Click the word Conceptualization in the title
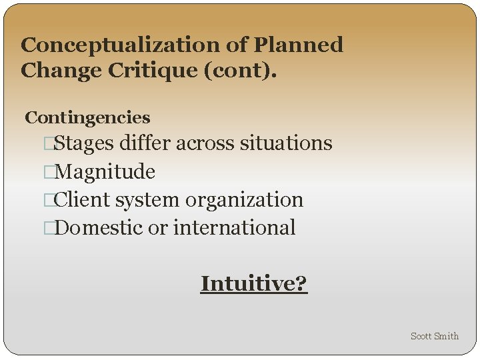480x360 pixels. coord(121,45)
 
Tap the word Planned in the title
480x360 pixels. coord(299,45)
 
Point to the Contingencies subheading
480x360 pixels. coord(87,118)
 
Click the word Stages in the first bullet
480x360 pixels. coord(85,143)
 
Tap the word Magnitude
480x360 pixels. coord(106,172)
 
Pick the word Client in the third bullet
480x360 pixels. coord(83,200)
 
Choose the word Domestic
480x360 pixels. coord(100,228)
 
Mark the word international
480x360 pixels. coord(234,228)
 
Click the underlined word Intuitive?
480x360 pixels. coord(254,284)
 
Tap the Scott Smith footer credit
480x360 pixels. coord(435,336)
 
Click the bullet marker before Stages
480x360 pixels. coord(47,144)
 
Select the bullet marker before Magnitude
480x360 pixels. coord(47,173)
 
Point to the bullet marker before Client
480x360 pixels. coord(47,201)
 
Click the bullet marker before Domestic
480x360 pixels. coord(47,229)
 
